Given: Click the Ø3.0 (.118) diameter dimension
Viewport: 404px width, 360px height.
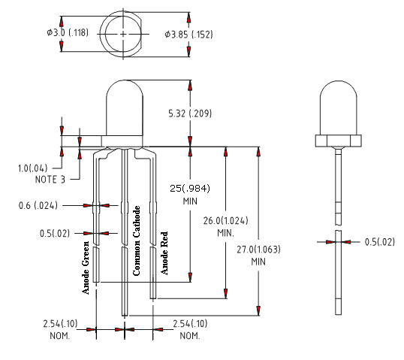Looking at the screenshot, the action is (x=68, y=33).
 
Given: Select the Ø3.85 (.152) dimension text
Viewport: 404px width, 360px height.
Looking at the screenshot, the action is (x=189, y=35).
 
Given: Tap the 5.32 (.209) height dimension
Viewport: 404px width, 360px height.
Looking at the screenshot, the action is (x=190, y=113).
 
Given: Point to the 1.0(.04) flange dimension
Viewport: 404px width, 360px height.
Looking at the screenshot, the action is (x=33, y=168).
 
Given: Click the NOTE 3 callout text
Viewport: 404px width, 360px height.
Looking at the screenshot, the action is (x=50, y=180).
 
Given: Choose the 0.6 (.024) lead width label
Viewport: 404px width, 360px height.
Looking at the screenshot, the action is (x=38, y=205).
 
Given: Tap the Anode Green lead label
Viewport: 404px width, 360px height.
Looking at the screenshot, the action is (x=86, y=268).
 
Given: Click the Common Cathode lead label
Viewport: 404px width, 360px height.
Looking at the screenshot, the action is (x=137, y=241).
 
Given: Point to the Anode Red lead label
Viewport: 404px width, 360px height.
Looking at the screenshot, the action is (x=164, y=253).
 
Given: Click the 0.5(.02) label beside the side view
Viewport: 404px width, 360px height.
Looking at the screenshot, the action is (x=380, y=242).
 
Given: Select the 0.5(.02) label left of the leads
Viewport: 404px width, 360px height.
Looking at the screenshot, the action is (x=55, y=233).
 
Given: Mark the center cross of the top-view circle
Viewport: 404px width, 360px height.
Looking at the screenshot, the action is (x=123, y=34).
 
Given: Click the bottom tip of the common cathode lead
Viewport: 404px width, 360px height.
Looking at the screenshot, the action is (x=125, y=316).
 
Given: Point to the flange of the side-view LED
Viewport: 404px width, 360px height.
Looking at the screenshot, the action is (x=339, y=141).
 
